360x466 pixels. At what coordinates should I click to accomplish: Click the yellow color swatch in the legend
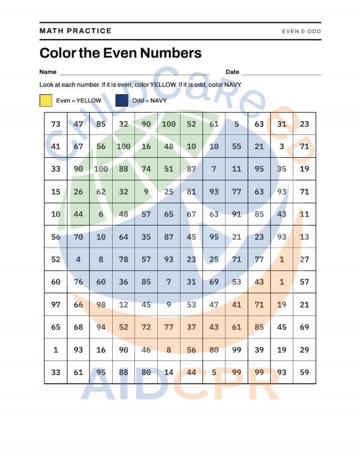click(46, 100)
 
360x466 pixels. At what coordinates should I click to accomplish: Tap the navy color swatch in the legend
click(122, 100)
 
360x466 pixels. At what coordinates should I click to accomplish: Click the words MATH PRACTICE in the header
click(76, 31)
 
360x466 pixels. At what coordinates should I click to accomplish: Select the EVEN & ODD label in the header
click(301, 31)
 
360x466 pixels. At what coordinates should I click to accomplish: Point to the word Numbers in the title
click(171, 53)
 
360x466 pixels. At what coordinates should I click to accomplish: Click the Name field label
click(48, 72)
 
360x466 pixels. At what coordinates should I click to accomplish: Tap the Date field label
click(232, 72)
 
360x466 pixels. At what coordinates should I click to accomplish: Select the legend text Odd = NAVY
click(149, 100)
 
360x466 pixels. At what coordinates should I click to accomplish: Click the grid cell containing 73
click(56, 124)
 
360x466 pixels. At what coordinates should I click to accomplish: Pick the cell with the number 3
click(282, 146)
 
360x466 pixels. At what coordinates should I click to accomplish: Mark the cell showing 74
click(146, 169)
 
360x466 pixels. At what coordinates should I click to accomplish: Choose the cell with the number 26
click(79, 191)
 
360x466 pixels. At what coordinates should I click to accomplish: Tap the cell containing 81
click(191, 191)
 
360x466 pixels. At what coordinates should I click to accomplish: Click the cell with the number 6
click(101, 214)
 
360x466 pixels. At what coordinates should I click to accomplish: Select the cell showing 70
click(79, 236)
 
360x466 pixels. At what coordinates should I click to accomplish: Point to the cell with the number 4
click(79, 259)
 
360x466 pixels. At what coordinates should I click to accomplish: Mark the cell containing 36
click(124, 282)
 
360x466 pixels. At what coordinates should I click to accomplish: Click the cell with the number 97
click(56, 304)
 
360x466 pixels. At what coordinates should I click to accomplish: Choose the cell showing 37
click(191, 327)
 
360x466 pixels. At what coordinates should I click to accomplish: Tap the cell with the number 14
click(169, 372)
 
